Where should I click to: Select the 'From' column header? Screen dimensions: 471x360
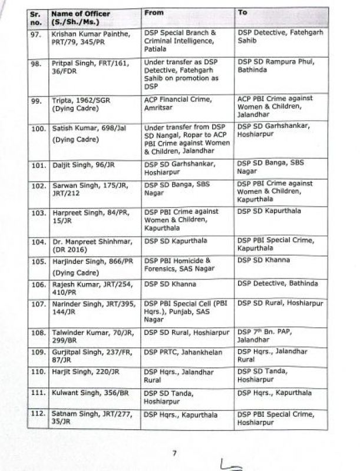click(x=154, y=12)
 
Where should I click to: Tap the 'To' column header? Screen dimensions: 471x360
click(x=242, y=12)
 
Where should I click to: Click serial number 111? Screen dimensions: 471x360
click(x=39, y=393)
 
